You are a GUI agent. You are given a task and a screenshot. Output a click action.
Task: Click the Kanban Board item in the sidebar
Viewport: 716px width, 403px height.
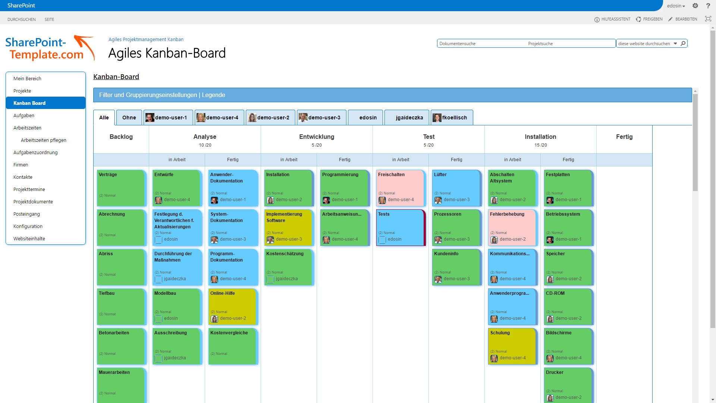(29, 103)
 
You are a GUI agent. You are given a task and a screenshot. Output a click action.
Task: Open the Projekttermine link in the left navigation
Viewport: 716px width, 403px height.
(29, 189)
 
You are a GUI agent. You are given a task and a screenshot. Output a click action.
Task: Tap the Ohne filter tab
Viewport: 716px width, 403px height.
(129, 118)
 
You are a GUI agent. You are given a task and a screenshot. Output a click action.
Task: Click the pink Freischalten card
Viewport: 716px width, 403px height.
(400, 188)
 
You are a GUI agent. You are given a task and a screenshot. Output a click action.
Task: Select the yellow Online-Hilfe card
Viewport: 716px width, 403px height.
(232, 306)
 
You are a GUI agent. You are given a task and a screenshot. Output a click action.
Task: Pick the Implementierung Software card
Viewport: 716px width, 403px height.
(288, 227)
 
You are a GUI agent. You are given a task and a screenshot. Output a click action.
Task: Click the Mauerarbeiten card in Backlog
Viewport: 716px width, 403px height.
(120, 384)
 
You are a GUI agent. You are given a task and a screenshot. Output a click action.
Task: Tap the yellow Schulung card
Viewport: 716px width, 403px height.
(512, 346)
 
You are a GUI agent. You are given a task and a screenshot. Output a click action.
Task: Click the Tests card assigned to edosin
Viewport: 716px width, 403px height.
(400, 227)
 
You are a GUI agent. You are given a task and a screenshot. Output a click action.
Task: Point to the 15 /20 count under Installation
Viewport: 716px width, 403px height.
(540, 145)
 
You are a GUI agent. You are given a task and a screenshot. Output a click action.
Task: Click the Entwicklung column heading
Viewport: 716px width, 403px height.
(317, 137)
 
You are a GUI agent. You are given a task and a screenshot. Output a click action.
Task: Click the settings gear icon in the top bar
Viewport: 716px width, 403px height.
(695, 6)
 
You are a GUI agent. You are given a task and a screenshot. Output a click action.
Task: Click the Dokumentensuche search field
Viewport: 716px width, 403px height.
(481, 44)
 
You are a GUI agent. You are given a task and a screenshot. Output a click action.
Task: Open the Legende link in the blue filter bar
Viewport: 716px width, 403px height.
(213, 95)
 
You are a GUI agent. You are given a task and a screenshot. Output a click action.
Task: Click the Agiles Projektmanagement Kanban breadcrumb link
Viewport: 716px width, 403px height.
(146, 39)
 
